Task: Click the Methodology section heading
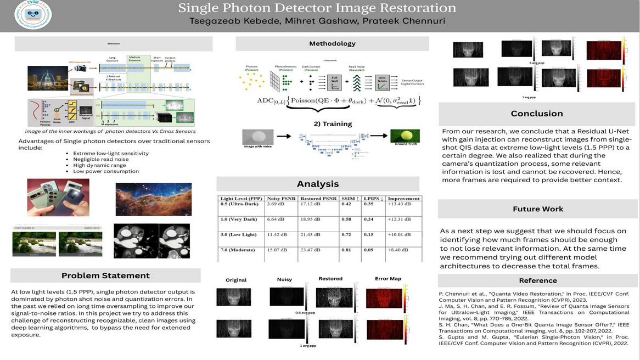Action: tap(332, 43)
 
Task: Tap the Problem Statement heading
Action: tap(105, 275)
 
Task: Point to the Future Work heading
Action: tap(538, 209)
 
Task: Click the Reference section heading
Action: tap(537, 280)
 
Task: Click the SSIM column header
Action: tap(349, 198)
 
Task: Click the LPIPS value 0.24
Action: tap(369, 220)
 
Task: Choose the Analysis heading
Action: tap(318, 184)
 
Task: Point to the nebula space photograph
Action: tap(153, 199)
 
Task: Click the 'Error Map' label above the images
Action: tap(388, 279)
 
